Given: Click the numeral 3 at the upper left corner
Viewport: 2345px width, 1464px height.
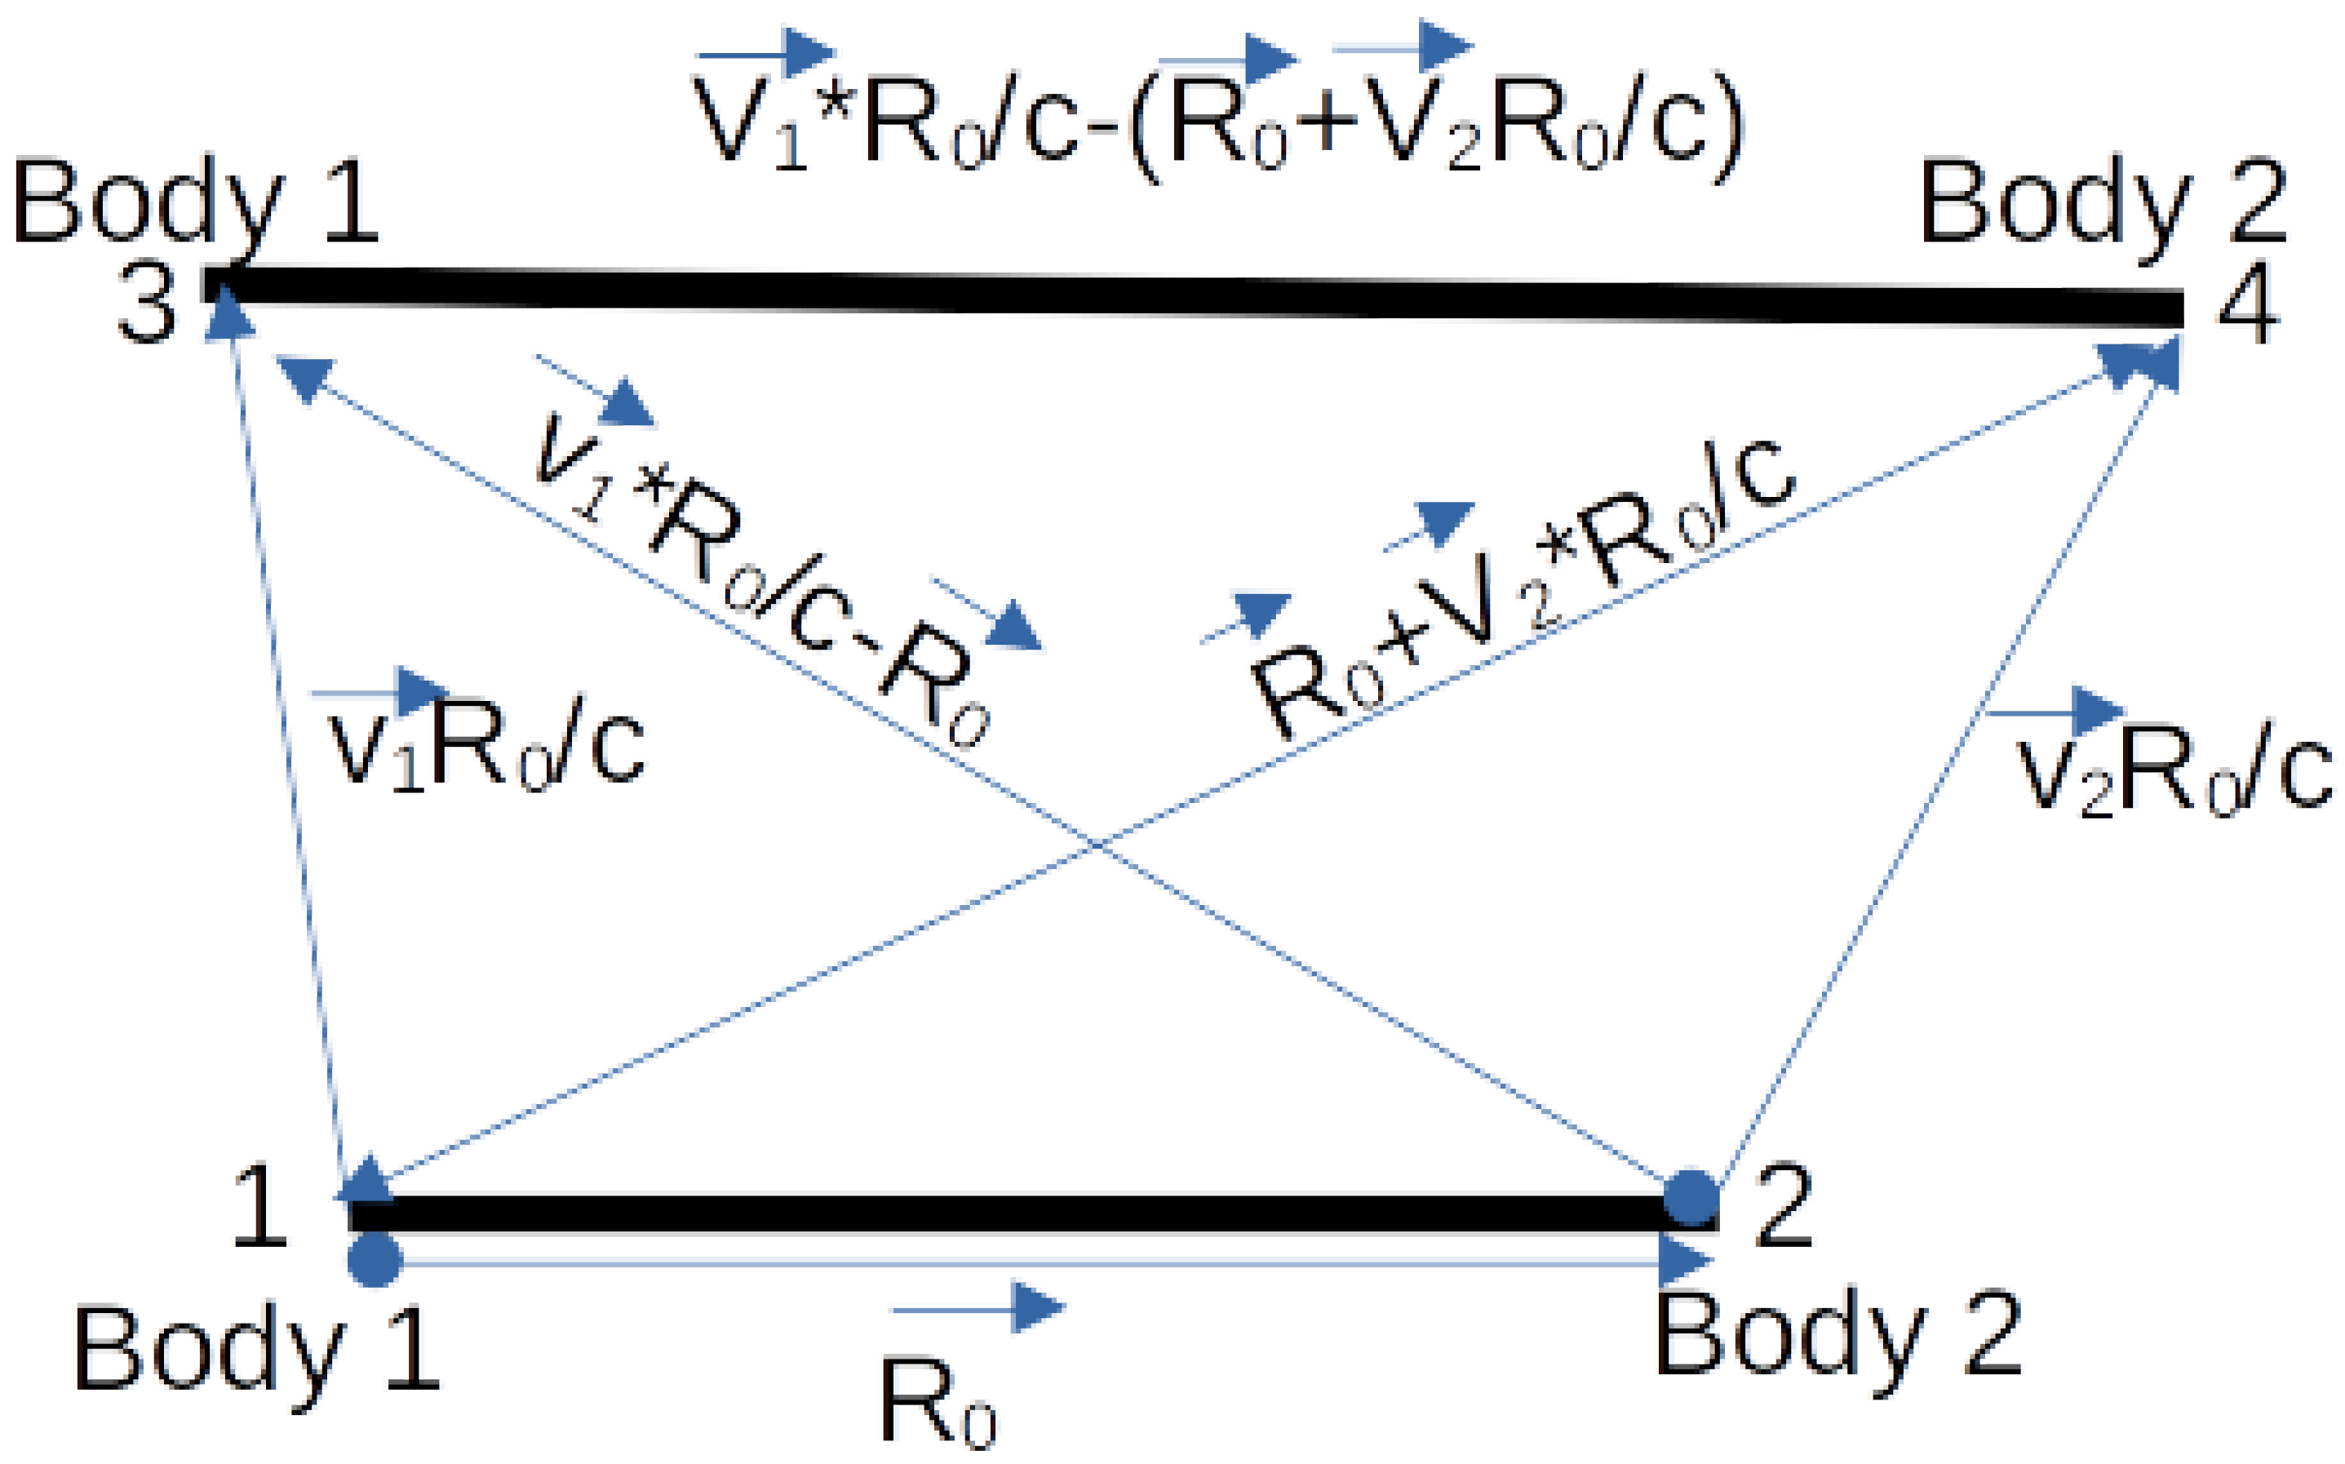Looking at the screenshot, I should pos(147,303).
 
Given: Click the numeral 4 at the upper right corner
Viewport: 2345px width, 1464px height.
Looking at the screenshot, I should pos(2248,303).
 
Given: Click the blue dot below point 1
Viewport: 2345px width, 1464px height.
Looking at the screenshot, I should pos(375,1260).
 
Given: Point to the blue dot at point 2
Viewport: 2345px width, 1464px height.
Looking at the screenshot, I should pos(1691,1198).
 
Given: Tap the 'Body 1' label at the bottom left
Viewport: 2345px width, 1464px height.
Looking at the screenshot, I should pos(256,1348).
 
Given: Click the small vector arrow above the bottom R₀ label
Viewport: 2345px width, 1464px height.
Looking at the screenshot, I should pos(977,1308).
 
